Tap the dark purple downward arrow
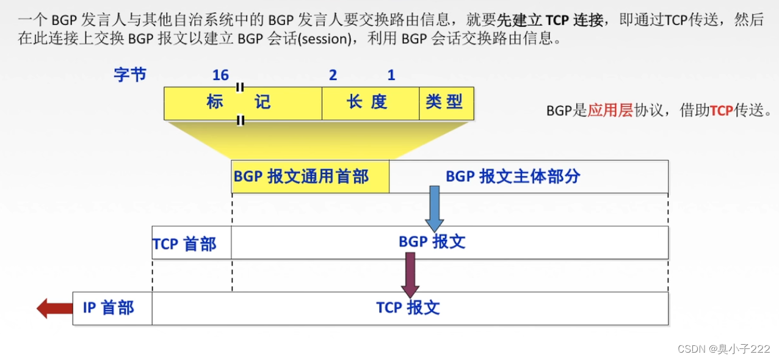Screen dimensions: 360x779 click(x=410, y=274)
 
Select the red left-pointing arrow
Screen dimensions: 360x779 click(x=54, y=308)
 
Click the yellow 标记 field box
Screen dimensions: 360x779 click(x=242, y=103)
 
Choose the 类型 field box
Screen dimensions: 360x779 click(x=446, y=103)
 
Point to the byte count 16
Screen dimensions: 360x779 click(x=220, y=75)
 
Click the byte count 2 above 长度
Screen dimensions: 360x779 click(x=333, y=75)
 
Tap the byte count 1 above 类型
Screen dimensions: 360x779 click(x=391, y=75)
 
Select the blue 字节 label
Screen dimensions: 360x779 click(x=130, y=74)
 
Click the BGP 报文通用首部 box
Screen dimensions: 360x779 click(x=310, y=177)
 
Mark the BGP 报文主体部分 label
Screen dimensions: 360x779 click(x=513, y=176)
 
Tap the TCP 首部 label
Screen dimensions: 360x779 click(x=184, y=244)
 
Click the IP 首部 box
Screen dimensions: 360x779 click(x=112, y=308)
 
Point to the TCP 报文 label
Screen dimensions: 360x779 click(x=408, y=308)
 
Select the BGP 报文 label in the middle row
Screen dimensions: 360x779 click(x=432, y=242)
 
